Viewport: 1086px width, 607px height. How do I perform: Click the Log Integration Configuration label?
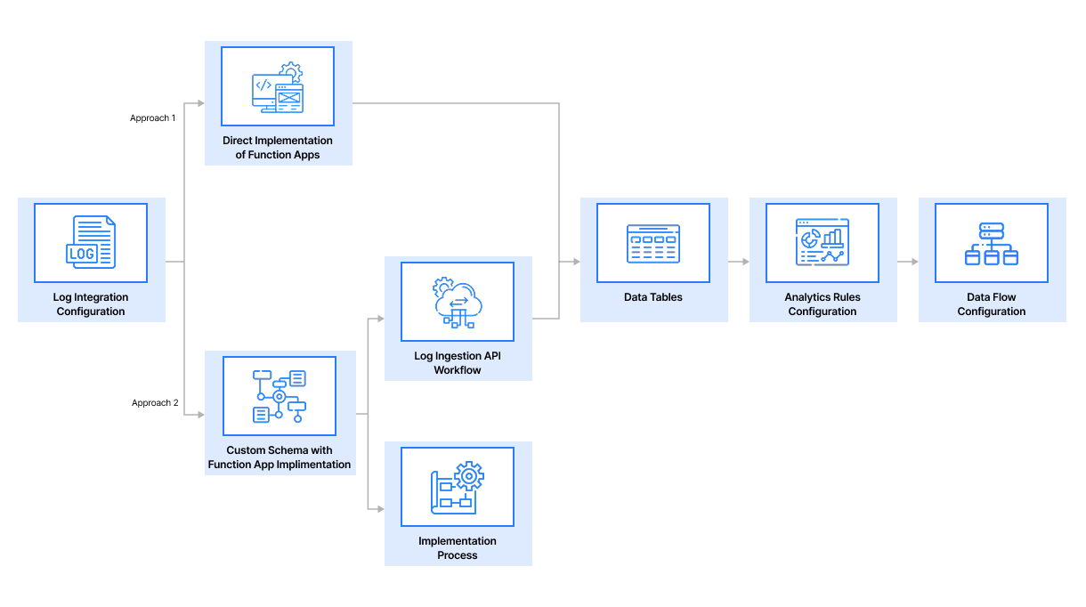91,304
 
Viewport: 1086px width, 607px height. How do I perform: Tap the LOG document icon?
91,243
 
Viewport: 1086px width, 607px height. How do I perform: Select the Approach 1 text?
153,118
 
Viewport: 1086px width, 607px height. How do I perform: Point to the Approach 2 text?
155,403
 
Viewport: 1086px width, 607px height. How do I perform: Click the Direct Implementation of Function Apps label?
278,148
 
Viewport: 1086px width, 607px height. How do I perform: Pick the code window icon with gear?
278,87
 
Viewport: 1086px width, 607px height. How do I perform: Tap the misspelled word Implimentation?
313,465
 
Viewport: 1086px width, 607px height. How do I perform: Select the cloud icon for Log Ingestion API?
458,302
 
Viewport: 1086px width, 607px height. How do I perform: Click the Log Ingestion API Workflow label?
458,363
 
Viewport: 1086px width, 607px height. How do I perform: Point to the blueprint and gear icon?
458,487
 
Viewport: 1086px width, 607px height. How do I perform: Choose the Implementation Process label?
458,548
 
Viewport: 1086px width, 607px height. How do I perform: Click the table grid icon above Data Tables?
653,243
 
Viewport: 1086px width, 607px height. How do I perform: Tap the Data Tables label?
653,297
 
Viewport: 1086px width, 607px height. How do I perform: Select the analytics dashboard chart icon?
823,243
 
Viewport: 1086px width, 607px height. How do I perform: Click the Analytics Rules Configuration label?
823,304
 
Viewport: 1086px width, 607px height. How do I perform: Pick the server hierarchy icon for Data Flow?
992,243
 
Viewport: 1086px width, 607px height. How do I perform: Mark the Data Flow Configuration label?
992,304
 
